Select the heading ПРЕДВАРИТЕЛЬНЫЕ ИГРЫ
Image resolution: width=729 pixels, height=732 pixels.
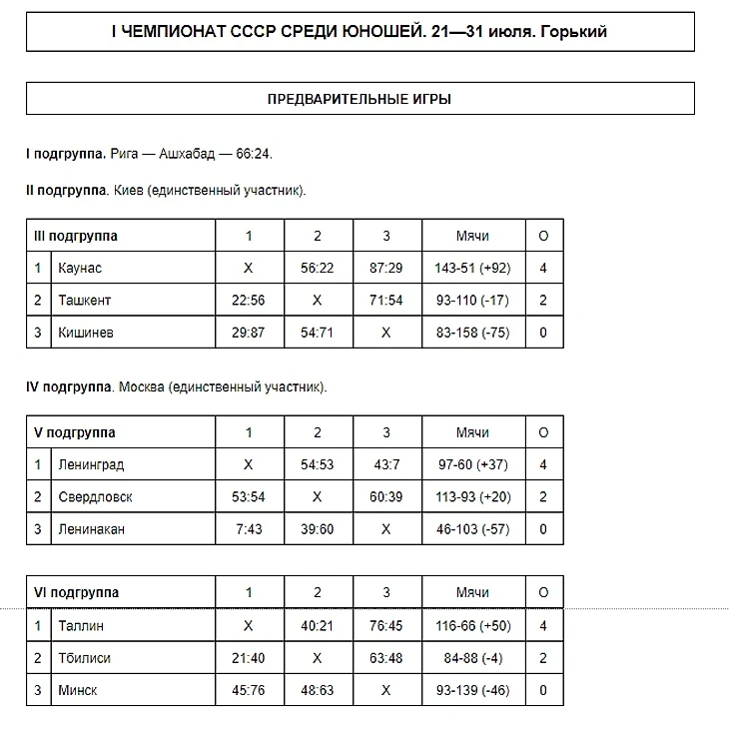click(x=360, y=99)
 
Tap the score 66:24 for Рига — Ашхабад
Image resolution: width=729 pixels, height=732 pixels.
click(x=254, y=155)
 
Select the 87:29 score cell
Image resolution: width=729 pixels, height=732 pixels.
click(x=385, y=268)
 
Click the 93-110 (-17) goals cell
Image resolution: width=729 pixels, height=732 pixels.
click(x=472, y=301)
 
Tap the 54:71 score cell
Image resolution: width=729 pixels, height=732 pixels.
click(x=317, y=333)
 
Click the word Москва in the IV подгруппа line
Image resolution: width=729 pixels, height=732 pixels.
click(x=141, y=386)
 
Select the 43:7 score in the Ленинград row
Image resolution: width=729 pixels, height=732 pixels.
click(x=385, y=464)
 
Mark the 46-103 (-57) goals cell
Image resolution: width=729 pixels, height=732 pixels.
click(x=472, y=529)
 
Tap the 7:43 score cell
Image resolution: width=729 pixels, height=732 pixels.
click(x=249, y=529)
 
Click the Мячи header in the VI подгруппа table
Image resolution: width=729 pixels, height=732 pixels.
click(x=472, y=592)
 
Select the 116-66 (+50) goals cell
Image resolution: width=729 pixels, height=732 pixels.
click(x=472, y=626)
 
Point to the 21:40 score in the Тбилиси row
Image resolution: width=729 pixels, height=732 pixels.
click(x=249, y=658)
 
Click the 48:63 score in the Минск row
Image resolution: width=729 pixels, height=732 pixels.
click(x=317, y=690)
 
